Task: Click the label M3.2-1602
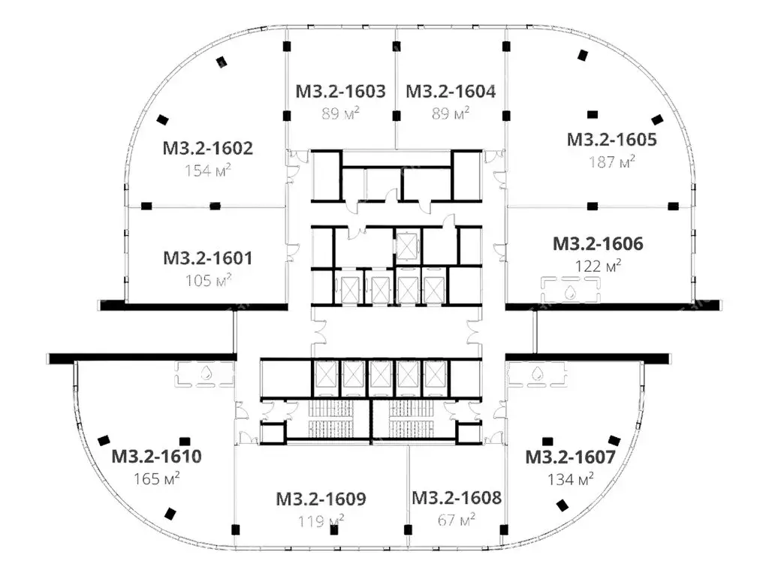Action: coord(208,148)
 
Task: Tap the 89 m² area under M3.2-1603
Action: coord(340,113)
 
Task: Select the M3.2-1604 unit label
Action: coord(451,92)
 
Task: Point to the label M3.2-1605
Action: coord(611,140)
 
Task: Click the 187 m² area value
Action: coord(612,161)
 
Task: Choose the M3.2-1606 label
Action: coord(598,244)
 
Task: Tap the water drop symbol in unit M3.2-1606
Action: coord(570,293)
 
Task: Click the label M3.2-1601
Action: coord(208,258)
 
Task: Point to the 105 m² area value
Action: coord(209,280)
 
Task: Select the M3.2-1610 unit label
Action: coord(156,457)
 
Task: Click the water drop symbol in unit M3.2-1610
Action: coord(205,373)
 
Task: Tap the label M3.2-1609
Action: coord(321,499)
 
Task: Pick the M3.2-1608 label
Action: coord(457,498)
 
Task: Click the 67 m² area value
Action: coord(456,520)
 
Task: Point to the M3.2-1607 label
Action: coord(571,457)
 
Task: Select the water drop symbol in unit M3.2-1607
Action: coord(538,373)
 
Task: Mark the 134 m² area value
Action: coord(571,479)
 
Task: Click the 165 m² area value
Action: coord(157,478)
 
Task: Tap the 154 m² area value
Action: coord(208,170)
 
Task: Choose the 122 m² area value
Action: coord(599,266)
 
